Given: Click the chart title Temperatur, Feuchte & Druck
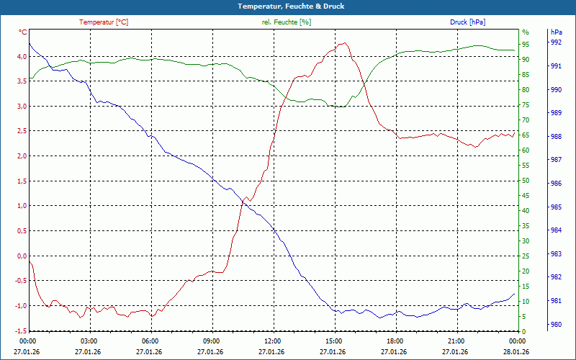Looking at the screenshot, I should click(x=288, y=6).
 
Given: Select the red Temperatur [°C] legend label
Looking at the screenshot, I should click(x=104, y=22).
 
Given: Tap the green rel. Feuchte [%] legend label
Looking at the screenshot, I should click(x=286, y=22).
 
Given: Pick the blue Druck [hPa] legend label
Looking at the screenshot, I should click(x=467, y=22).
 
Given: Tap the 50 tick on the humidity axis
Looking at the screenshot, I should click(x=525, y=181).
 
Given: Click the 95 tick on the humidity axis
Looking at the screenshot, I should click(x=525, y=44).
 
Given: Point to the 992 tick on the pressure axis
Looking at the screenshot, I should click(x=556, y=42).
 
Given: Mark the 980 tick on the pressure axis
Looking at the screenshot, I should click(x=556, y=325).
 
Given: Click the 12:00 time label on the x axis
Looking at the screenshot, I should click(x=272, y=341).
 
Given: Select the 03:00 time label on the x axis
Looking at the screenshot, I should click(x=89, y=341).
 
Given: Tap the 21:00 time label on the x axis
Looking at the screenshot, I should click(x=456, y=341).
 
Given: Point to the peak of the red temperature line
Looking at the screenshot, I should click(x=346, y=43).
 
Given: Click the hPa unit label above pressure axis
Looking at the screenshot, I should click(x=556, y=32).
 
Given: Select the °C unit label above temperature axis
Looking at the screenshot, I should click(x=23, y=32).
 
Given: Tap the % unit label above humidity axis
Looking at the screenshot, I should click(x=525, y=32).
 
